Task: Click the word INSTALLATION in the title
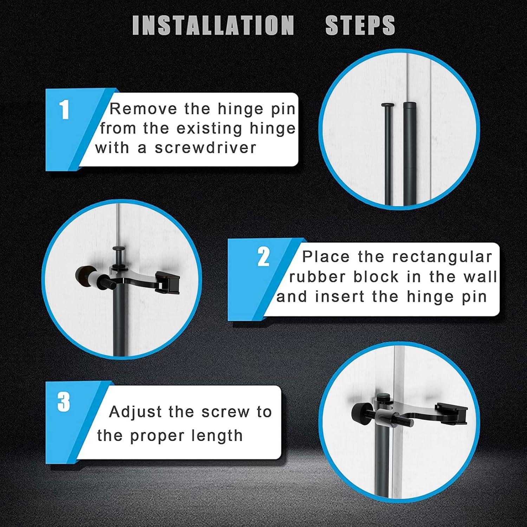(213, 25)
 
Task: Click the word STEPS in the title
(360, 25)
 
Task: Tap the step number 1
(64, 110)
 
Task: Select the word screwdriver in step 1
(206, 148)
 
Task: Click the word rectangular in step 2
(442, 258)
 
